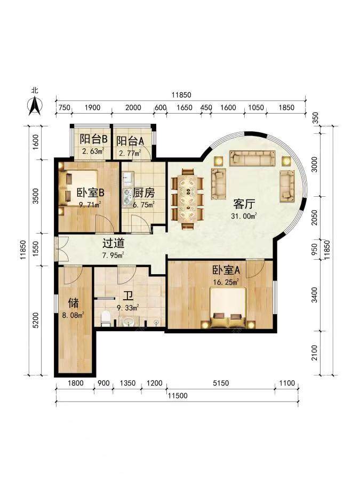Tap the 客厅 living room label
(244, 204)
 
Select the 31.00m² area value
(244, 216)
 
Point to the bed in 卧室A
(228, 308)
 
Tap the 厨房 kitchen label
(144, 193)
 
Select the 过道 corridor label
(113, 243)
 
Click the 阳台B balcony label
(93, 140)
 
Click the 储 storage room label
(74, 303)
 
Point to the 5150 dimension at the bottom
(221, 383)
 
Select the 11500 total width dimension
(178, 396)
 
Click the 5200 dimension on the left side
(36, 320)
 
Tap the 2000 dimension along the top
(133, 108)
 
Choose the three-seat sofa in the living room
(252, 158)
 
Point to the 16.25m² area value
(226, 282)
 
